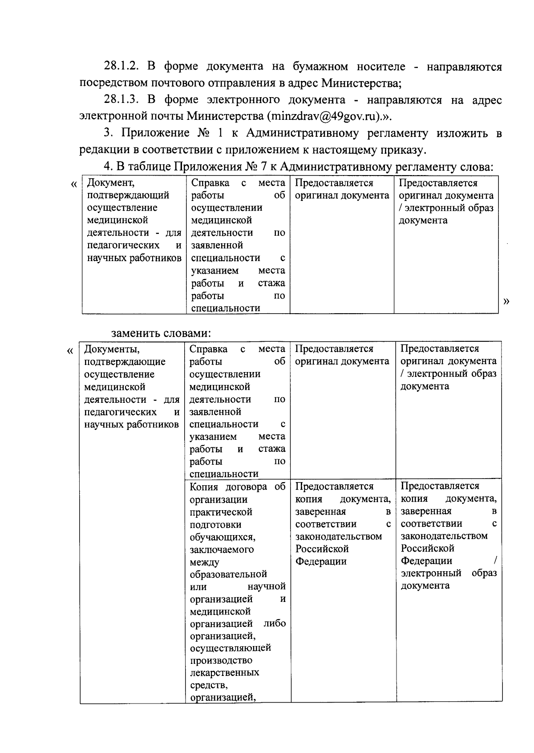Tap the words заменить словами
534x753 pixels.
pyautogui.click(x=161, y=333)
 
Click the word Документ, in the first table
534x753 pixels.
pyautogui.click(x=110, y=183)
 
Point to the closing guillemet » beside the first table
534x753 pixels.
pyautogui.click(x=506, y=301)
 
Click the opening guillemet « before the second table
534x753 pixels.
pyautogui.click(x=69, y=351)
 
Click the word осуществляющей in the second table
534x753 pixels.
pyautogui.click(x=230, y=647)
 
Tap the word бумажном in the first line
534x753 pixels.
pyautogui.click(x=320, y=67)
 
